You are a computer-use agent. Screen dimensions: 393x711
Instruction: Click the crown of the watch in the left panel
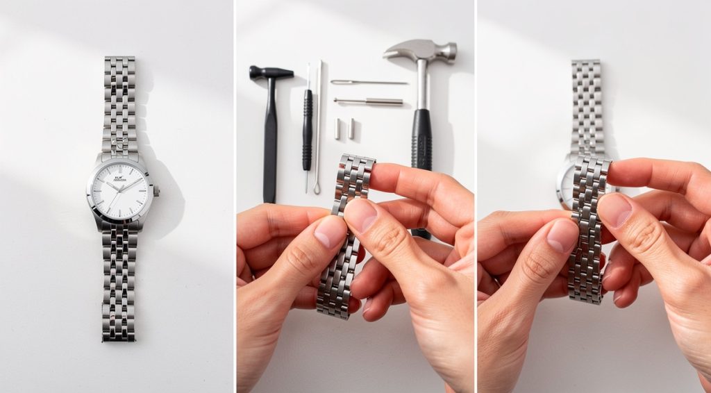pyautogui.click(x=156, y=190)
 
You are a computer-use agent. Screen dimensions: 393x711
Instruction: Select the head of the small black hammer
pyautogui.click(x=271, y=72)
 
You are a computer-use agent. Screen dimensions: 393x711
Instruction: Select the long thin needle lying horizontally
pyautogui.click(x=369, y=83)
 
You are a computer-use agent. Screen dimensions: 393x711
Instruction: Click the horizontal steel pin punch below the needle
pyautogui.click(x=369, y=102)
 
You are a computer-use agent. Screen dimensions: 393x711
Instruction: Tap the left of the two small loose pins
pyautogui.click(x=338, y=128)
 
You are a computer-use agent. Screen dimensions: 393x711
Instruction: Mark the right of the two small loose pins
pyautogui.click(x=351, y=128)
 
